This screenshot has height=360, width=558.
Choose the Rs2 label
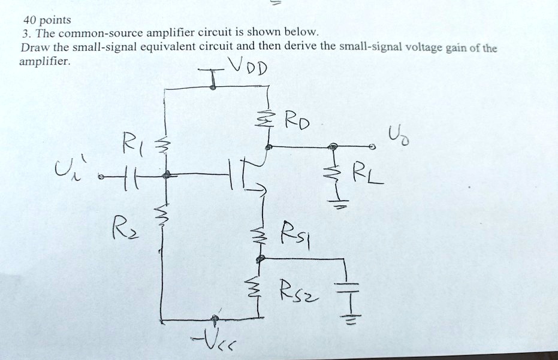[x=297, y=293]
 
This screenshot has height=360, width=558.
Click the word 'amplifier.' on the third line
[x=45, y=61]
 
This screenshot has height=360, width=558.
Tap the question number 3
[x=25, y=34]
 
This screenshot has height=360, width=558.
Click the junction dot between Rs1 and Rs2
[x=260, y=259]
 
